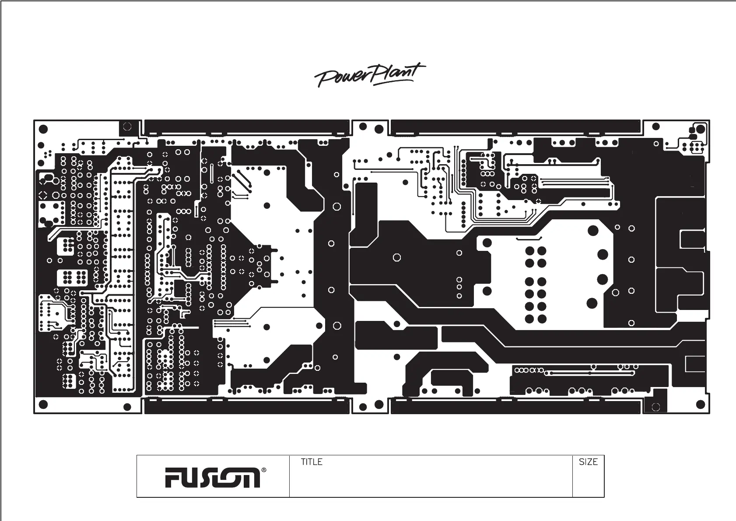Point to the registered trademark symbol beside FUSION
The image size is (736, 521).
coord(263,471)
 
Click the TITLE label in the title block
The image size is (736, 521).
coord(312,462)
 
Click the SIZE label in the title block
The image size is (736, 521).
coord(588,462)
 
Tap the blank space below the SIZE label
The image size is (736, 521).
coord(588,482)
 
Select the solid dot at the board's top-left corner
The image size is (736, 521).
coord(43,129)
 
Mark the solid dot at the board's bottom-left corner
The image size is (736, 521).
coord(43,404)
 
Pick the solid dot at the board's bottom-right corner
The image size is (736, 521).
coord(700,405)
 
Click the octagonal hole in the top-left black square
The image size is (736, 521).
coord(127,127)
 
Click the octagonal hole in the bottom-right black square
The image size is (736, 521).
coord(655,407)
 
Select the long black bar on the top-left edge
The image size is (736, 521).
coord(246,127)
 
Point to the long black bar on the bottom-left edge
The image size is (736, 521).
coord(246,407)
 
